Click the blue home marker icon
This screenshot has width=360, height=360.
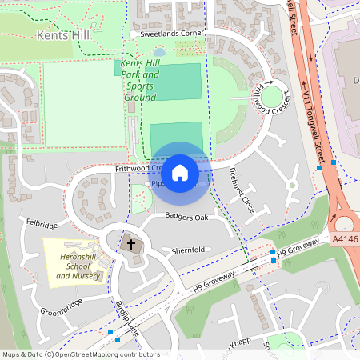pyautogui.click(x=180, y=172)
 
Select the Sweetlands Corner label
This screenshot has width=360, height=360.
pyautogui.click(x=168, y=34)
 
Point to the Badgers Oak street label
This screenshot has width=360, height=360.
pyautogui.click(x=186, y=217)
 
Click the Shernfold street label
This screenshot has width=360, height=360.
pyautogui.click(x=188, y=250)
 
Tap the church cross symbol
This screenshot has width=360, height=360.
pyautogui.click(x=131, y=243)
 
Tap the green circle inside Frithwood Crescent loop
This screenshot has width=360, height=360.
pyautogui.click(x=274, y=98)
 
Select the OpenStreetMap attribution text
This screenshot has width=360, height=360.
pyautogui.click(x=81, y=354)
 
